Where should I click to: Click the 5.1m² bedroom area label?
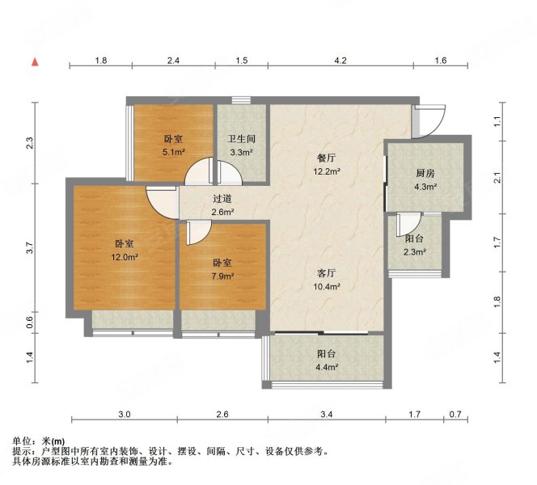pos(174,145)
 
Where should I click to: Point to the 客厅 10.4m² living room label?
pos(328,280)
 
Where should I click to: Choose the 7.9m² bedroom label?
pos(222,269)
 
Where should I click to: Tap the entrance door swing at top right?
pos(429,121)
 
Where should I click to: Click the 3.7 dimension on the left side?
pos(30,248)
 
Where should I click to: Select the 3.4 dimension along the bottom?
pos(328,415)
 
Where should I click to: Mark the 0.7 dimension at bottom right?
pos(455,415)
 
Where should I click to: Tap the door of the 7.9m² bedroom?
pos(196,233)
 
